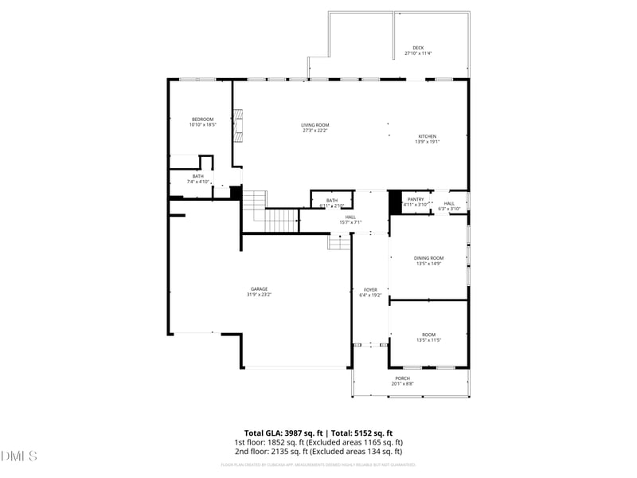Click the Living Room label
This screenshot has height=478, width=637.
tap(315, 127)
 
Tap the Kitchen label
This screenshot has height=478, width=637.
tap(428, 139)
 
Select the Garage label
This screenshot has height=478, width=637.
tap(259, 292)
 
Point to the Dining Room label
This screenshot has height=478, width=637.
tap(428, 261)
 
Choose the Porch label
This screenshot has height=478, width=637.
tap(402, 381)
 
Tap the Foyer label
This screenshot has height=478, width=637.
tap(370, 292)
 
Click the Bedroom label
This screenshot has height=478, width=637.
tap(202, 122)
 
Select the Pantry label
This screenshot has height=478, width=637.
tap(415, 202)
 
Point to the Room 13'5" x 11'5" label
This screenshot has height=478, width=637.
tap(428, 337)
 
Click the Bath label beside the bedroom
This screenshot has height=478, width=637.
tap(197, 178)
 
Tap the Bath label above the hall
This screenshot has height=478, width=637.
tap(331, 202)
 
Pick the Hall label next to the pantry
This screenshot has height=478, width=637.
tap(449, 206)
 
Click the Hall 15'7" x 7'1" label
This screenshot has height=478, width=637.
tap(350, 219)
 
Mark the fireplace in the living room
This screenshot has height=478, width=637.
tap(236, 126)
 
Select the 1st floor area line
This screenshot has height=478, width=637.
tap(318, 442)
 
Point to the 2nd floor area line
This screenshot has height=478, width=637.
tap(318, 452)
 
